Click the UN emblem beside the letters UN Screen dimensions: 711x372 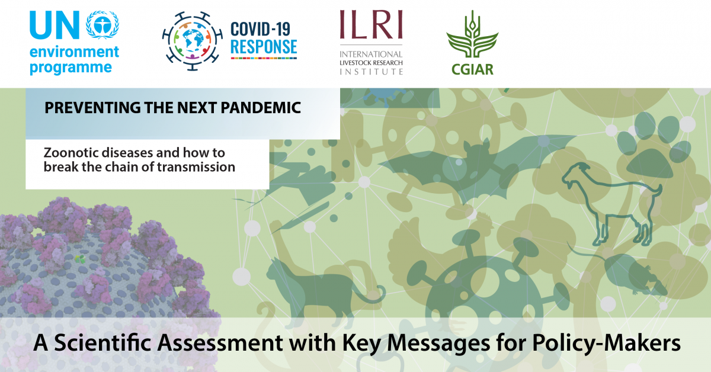(x=103, y=25)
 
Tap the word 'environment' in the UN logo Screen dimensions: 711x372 (x=74, y=52)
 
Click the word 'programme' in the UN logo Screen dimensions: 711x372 (x=71, y=68)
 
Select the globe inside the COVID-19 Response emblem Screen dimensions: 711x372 (x=193, y=41)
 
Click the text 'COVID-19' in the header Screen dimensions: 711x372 (x=260, y=29)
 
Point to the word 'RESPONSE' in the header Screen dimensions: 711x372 (x=264, y=47)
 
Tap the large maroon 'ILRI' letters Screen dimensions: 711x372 (x=371, y=24)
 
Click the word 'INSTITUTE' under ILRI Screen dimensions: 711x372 (x=371, y=72)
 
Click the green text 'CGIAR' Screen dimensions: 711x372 (x=472, y=69)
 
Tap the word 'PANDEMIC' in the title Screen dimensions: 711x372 (x=261, y=108)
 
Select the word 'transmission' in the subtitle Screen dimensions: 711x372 (x=196, y=167)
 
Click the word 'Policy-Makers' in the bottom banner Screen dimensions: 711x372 (x=606, y=344)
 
